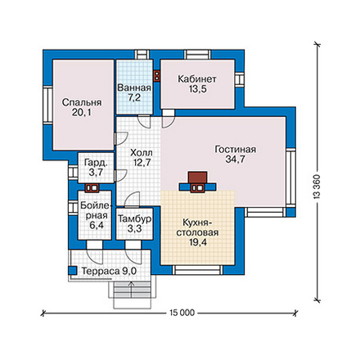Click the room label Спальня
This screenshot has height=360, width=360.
click(x=82, y=102)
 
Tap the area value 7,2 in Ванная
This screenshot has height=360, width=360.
click(x=134, y=97)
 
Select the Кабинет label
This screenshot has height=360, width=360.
click(x=197, y=79)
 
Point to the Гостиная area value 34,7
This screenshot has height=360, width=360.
click(x=235, y=160)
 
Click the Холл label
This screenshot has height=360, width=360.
click(x=142, y=152)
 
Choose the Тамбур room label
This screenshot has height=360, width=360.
click(x=135, y=219)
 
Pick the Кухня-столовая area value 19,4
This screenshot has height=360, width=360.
click(x=198, y=242)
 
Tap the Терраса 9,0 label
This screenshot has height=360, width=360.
click(x=109, y=272)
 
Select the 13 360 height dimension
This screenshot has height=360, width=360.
click(x=317, y=186)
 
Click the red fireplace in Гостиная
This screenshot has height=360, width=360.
click(x=197, y=178)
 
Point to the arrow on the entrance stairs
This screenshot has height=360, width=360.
click(x=132, y=290)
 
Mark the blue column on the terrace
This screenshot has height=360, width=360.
click(x=72, y=270)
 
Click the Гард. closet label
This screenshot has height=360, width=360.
click(x=96, y=163)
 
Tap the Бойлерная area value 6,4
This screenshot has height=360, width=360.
click(x=96, y=226)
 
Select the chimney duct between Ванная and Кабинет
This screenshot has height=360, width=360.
click(x=157, y=76)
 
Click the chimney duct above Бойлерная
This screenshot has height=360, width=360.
click(x=92, y=188)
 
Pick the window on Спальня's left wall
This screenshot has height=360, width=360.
click(x=47, y=105)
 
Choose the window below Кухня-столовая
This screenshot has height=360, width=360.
click(x=197, y=270)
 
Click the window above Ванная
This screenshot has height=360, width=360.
click(x=143, y=54)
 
